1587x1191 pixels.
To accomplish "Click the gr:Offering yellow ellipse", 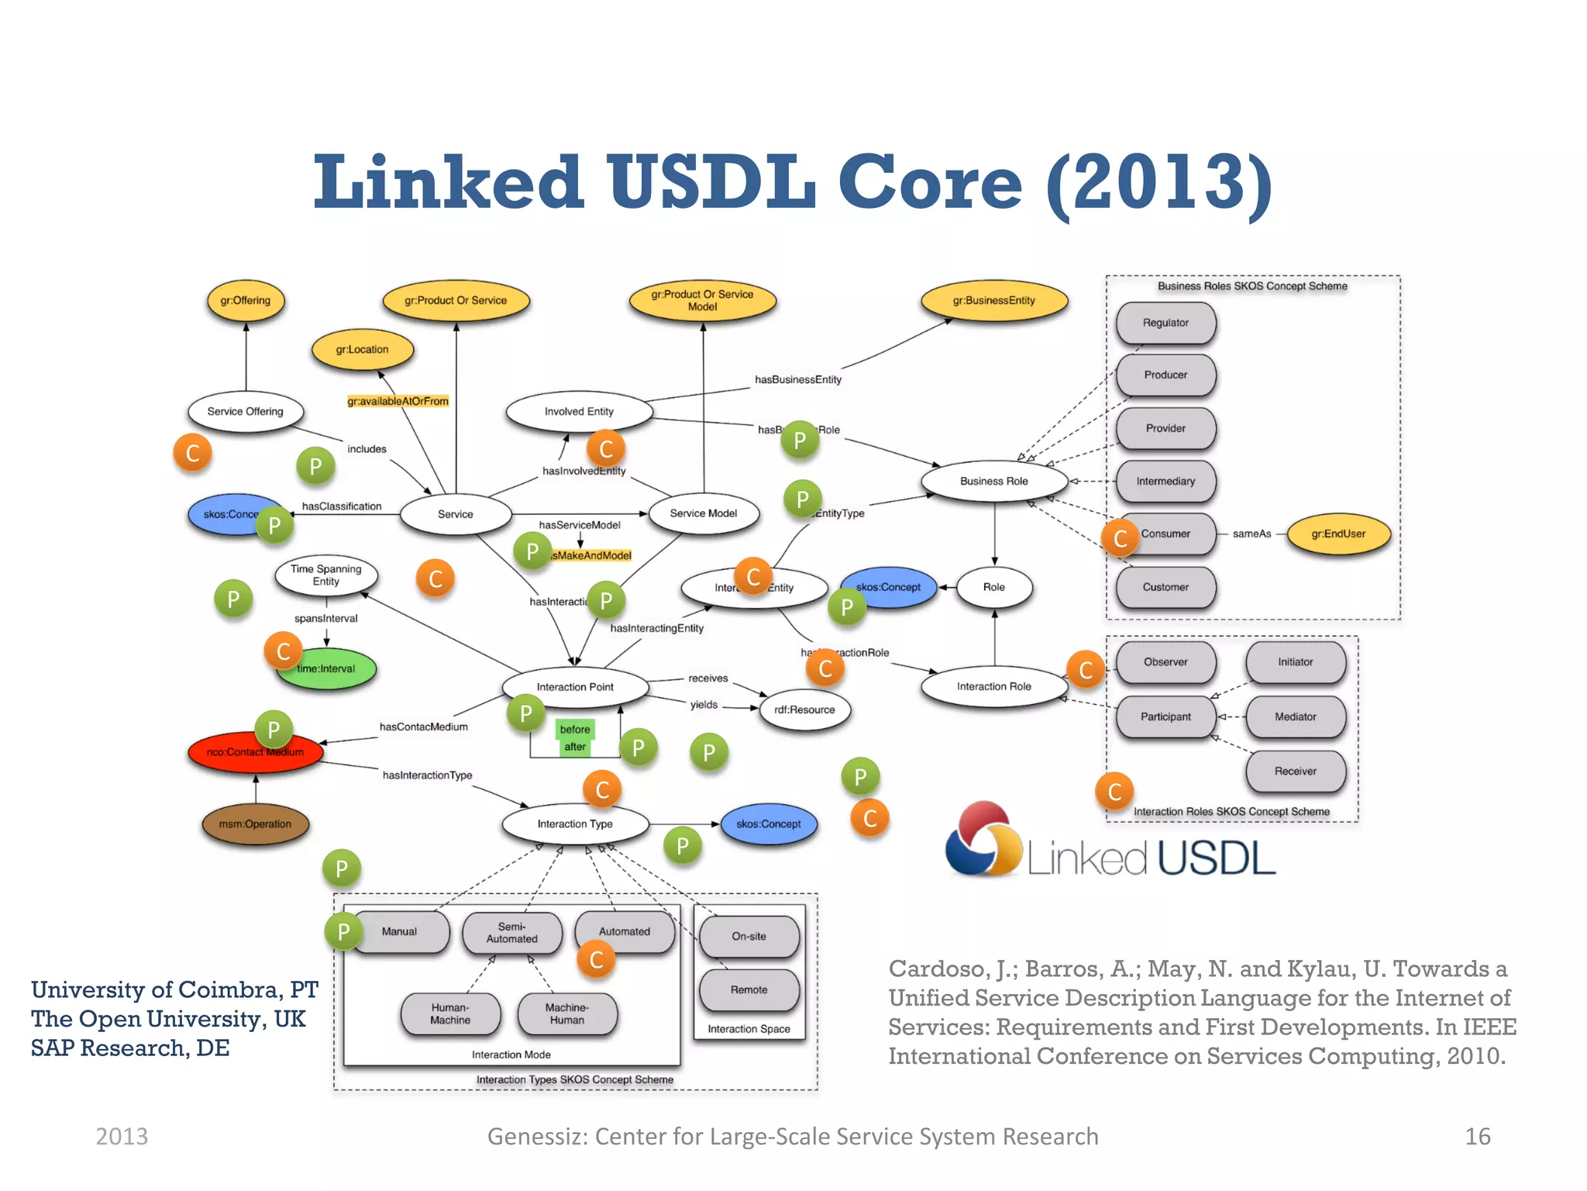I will [x=246, y=301].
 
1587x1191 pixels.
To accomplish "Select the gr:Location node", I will [x=362, y=350].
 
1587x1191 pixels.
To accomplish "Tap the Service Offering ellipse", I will [x=245, y=412].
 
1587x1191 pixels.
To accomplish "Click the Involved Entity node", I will [x=578, y=412].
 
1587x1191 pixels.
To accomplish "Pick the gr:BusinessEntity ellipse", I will [x=993, y=301].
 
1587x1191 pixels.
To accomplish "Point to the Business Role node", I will [x=993, y=482].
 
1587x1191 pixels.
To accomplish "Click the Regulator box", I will [x=1165, y=323].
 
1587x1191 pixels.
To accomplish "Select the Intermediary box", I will [x=1165, y=482].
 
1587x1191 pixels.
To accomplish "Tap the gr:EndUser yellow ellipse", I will [x=1338, y=534].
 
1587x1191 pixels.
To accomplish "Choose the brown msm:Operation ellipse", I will [x=255, y=824].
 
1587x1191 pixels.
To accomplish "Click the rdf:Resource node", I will [x=804, y=710].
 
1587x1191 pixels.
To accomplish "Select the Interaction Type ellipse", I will [x=574, y=824].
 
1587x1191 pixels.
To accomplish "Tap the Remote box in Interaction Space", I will [x=749, y=990].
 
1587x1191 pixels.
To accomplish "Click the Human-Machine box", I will [x=450, y=1014].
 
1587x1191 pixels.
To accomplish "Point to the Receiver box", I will [x=1295, y=772].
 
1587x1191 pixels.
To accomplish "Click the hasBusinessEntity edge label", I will [x=797, y=380].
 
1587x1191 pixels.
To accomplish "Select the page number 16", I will [x=1477, y=1137].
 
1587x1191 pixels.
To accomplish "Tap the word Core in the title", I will [x=930, y=183].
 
